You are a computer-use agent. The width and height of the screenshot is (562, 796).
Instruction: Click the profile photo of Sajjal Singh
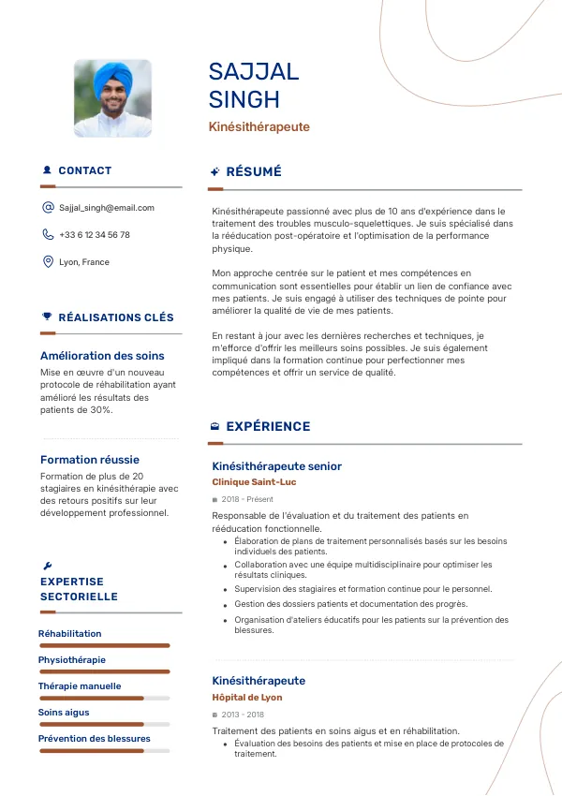click(x=112, y=98)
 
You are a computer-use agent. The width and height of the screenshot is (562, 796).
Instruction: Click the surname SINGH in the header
click(x=244, y=100)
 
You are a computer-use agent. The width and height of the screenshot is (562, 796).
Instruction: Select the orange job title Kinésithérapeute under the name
click(x=259, y=126)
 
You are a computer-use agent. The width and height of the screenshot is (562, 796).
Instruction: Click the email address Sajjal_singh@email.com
click(x=107, y=208)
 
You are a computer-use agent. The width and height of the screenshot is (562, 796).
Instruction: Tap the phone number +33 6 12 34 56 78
click(x=95, y=235)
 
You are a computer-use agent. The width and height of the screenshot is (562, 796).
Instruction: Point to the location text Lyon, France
click(x=84, y=262)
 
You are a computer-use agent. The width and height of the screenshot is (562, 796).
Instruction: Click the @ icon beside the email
click(x=48, y=208)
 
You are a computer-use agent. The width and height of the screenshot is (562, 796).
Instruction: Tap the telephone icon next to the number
click(x=48, y=235)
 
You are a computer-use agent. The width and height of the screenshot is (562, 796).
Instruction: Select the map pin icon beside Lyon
click(x=48, y=262)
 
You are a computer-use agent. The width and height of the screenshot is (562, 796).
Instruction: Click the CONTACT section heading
click(x=84, y=170)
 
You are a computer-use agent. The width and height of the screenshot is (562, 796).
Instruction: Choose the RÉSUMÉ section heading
click(x=254, y=171)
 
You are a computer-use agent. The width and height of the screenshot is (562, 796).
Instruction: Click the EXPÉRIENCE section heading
click(x=268, y=426)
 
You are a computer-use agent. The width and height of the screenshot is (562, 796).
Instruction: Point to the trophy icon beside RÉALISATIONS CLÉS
click(x=48, y=317)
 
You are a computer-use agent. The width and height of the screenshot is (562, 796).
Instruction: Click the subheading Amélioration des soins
click(x=102, y=356)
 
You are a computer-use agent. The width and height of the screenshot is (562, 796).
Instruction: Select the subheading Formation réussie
click(x=90, y=460)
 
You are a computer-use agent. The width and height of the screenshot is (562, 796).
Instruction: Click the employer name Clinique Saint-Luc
click(x=254, y=482)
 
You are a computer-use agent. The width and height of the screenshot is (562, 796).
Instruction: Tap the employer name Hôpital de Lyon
click(x=247, y=698)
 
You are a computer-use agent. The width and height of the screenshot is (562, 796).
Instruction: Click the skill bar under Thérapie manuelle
click(x=104, y=698)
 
